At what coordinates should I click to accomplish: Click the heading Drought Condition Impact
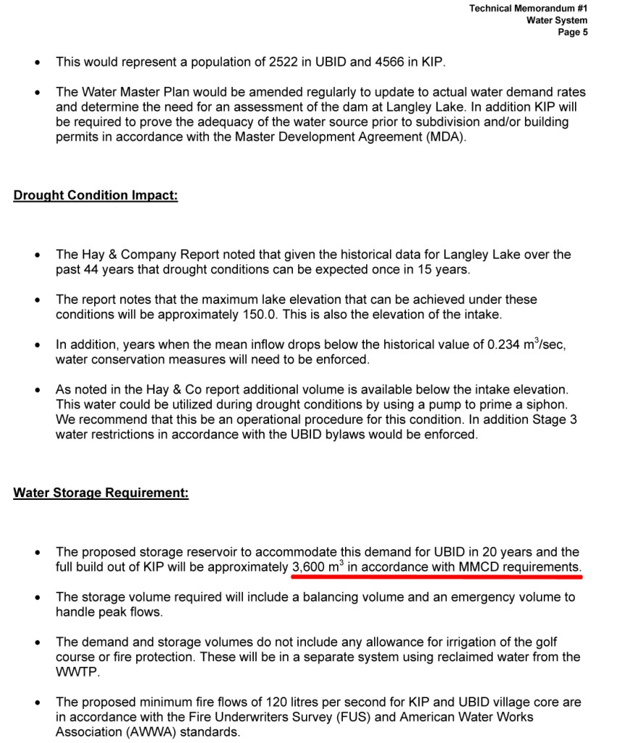95,196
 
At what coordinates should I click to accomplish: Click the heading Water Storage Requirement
101,493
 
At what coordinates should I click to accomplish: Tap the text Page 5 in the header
573,33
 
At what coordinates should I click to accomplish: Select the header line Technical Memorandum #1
528,9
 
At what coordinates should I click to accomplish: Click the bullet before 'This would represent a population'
37,63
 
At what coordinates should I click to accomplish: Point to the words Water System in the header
557,20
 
